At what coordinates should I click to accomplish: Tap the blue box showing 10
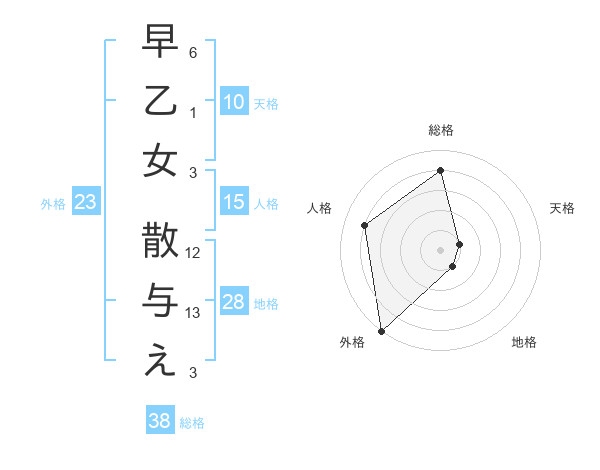234,102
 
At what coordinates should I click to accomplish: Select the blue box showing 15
234,202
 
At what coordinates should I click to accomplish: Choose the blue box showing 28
234,303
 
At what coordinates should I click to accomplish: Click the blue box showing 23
86,203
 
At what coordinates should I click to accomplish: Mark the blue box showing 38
160,421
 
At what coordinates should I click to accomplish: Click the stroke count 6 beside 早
193,51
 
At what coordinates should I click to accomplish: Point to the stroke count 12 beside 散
193,253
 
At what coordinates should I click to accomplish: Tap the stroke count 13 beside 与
193,313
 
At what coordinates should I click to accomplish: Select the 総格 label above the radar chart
441,130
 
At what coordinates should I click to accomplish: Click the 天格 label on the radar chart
563,208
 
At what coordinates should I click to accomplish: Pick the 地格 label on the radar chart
524,343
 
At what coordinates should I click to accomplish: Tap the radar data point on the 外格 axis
381,330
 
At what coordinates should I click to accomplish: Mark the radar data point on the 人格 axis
365,225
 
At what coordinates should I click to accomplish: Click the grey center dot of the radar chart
441,249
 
